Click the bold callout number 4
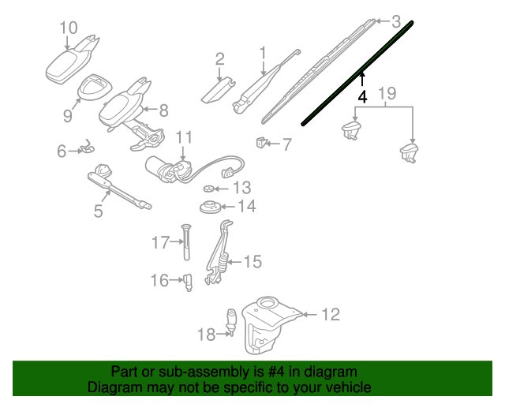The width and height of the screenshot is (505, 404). [x=363, y=96]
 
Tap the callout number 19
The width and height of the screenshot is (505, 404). [x=387, y=93]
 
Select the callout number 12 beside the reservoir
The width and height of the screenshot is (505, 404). [x=331, y=314]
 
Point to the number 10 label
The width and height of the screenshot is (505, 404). [x=69, y=28]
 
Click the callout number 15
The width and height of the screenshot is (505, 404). [x=252, y=262]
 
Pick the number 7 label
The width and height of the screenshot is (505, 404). [x=286, y=144]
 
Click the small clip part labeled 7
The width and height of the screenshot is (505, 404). [x=261, y=142]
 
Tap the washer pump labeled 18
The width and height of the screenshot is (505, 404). [x=231, y=321]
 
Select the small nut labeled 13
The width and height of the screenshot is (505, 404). [x=208, y=188]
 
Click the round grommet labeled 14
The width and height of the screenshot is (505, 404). [x=210, y=208]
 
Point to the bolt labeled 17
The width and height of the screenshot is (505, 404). [x=186, y=241]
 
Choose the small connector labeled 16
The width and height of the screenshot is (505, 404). [x=188, y=282]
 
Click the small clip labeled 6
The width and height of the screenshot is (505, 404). [x=87, y=147]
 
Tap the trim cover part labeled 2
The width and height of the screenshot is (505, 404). [x=218, y=91]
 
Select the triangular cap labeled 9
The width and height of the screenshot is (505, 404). [x=95, y=86]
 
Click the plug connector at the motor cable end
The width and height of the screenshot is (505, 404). [x=228, y=172]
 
